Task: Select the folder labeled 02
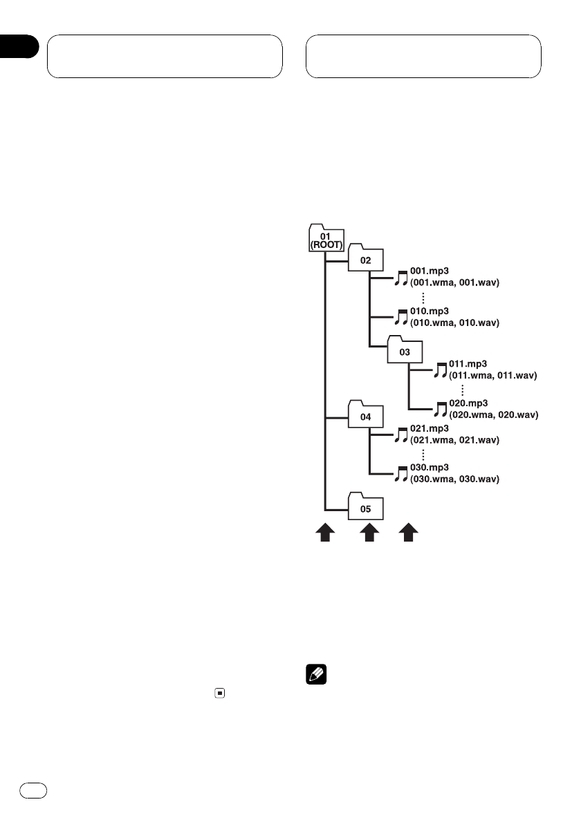click(365, 260)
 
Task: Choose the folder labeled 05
click(365, 508)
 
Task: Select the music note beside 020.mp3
click(440, 409)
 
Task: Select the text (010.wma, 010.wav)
click(454, 323)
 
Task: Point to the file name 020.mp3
click(468, 404)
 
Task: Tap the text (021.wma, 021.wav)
click(454, 439)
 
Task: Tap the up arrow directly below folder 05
click(369, 533)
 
